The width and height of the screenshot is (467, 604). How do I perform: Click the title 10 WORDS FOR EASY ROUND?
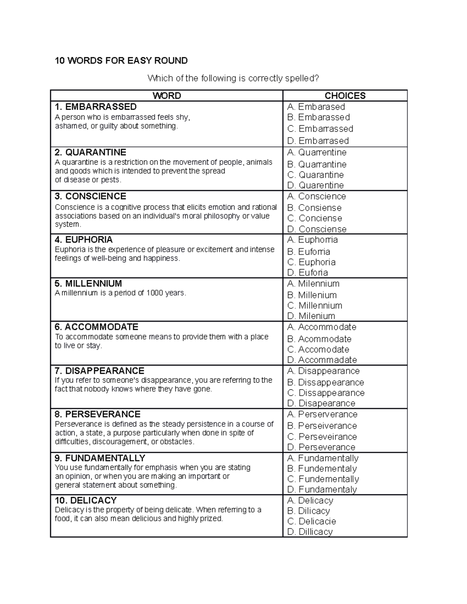121,61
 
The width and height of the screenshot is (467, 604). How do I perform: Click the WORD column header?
167,96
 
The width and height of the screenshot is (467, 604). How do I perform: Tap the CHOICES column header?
345,96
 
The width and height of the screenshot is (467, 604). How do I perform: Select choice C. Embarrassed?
320,129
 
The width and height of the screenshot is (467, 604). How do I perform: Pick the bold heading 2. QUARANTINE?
90,152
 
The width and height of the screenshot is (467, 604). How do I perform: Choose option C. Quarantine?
315,175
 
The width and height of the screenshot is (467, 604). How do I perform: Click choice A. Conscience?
316,196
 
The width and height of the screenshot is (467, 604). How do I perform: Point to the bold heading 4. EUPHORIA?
84,240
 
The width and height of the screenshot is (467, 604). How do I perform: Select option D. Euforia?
307,273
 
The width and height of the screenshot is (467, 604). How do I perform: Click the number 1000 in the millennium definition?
154,293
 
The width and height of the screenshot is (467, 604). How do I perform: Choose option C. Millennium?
314,306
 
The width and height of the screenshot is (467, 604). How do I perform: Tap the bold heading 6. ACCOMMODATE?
97,327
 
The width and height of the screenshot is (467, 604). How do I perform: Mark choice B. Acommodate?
319,339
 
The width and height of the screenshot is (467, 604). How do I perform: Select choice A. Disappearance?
323,371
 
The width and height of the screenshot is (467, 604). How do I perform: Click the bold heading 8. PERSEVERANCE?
98,414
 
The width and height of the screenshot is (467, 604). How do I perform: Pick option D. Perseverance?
321,447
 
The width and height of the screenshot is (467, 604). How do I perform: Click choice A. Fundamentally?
323,458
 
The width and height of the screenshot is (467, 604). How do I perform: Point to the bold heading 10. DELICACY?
86,500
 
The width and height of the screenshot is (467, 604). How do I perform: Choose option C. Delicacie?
311,521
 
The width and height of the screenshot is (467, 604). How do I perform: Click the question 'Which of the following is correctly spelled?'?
233,79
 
